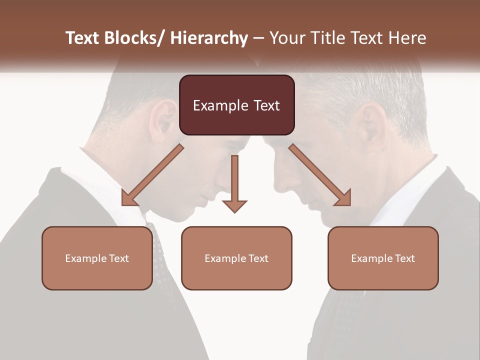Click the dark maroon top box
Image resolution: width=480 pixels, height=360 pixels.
click(x=236, y=105)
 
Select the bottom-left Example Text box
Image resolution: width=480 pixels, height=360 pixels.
click(x=97, y=258)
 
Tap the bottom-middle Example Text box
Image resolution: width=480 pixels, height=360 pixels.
click(x=236, y=258)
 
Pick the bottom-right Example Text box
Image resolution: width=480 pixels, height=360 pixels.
click(x=383, y=258)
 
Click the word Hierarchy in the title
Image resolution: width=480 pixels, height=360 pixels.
click(x=209, y=38)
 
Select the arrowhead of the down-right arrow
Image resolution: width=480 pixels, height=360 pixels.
click(x=343, y=197)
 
